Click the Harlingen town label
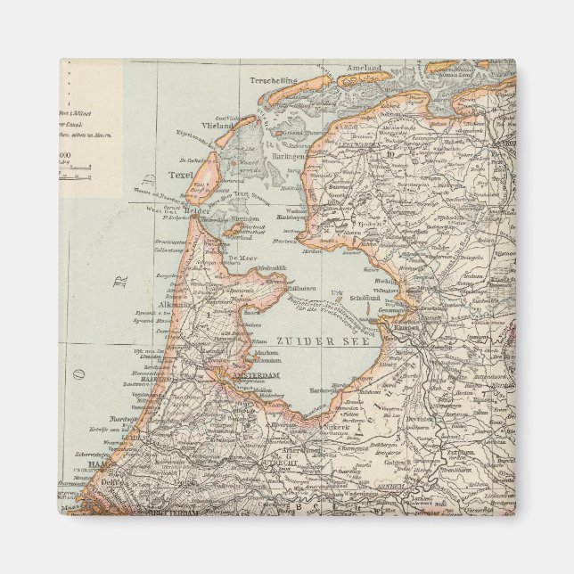click(x=288, y=155)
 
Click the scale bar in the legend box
click(x=76, y=176)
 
